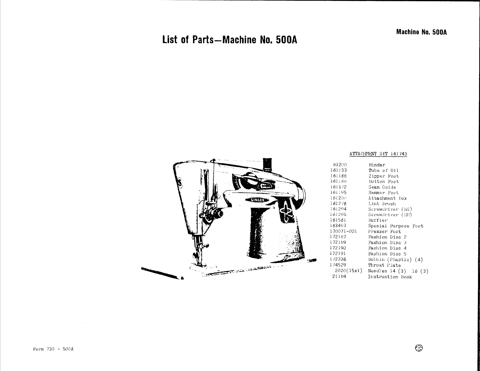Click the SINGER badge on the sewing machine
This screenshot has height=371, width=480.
[x=256, y=199]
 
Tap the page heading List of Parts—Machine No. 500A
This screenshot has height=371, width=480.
[x=230, y=40]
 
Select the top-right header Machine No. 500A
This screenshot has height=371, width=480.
[x=422, y=32]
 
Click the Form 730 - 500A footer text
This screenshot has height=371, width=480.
[x=53, y=349]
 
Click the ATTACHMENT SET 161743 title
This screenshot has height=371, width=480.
[x=378, y=154]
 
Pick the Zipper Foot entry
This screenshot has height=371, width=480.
[x=383, y=176]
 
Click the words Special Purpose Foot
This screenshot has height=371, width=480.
[x=395, y=226]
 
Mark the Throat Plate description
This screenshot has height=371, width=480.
[x=384, y=265]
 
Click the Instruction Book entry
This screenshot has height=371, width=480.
[x=390, y=277]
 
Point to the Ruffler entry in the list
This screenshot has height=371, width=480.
[x=378, y=220]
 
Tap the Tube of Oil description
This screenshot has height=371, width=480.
[x=383, y=170]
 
